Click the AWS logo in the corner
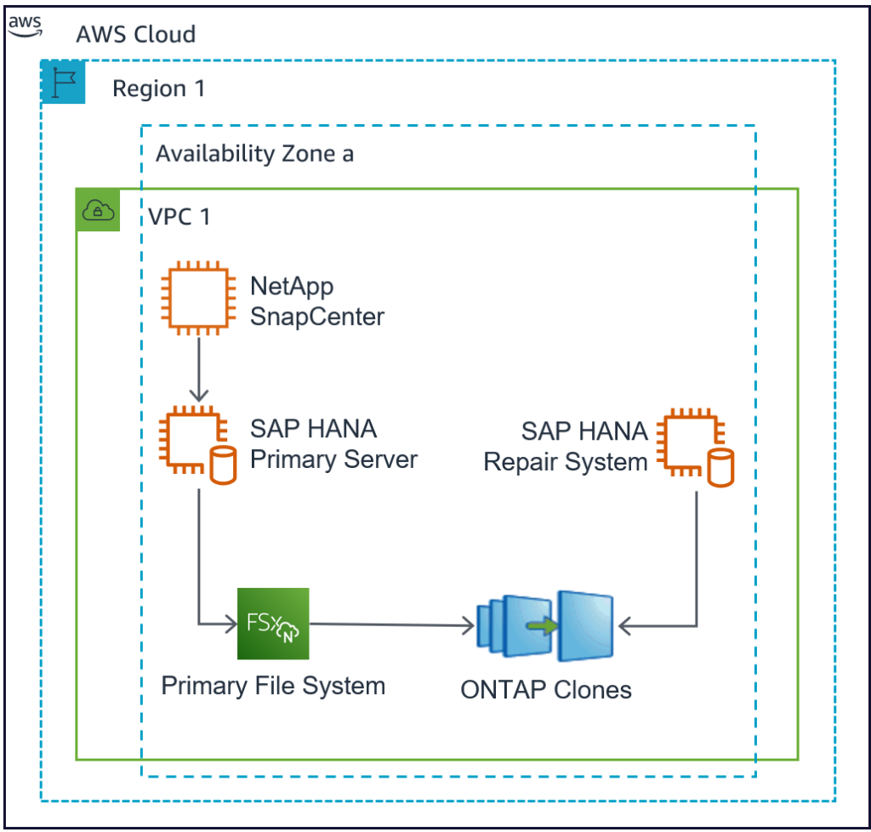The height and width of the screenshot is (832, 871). point(25,24)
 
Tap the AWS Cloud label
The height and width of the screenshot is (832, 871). point(136,34)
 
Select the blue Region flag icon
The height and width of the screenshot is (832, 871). point(64,83)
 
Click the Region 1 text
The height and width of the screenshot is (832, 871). point(158,88)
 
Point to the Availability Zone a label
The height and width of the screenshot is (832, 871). point(254,154)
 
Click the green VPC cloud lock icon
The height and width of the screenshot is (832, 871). point(98,210)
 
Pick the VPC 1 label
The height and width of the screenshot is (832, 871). point(179,216)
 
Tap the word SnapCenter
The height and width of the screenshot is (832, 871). point(316,317)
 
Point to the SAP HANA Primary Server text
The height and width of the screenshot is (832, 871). point(333,444)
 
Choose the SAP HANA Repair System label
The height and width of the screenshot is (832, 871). point(566,447)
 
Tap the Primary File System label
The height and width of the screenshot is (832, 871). point(273,686)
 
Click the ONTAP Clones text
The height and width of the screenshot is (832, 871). point(546,689)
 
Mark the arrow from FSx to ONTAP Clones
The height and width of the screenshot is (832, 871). point(391,627)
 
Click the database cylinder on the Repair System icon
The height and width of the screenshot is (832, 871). point(720,469)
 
